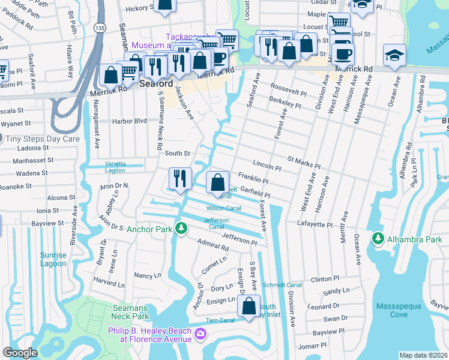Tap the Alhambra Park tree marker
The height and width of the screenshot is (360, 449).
pos(378,239)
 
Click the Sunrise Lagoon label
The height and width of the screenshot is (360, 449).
pos(53,259)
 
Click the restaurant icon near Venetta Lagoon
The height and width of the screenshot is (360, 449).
pos(179,178)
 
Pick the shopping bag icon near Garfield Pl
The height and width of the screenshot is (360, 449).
pos(217,182)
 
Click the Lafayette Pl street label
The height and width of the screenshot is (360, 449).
pos(314,224)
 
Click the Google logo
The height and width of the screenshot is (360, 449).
pos(20,353)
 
